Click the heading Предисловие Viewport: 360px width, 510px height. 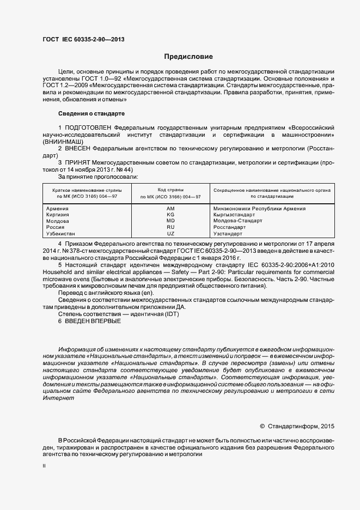[188, 57]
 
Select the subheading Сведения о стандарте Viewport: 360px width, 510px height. [91, 113]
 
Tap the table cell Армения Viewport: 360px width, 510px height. [58, 209]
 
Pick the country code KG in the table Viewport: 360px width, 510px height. [170, 215]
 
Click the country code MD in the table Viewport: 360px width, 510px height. [170, 221]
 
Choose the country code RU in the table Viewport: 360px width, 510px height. [170, 227]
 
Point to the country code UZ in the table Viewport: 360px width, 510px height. [170, 233]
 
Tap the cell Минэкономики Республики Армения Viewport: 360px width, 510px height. [259, 209]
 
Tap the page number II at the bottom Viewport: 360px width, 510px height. [44, 466]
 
